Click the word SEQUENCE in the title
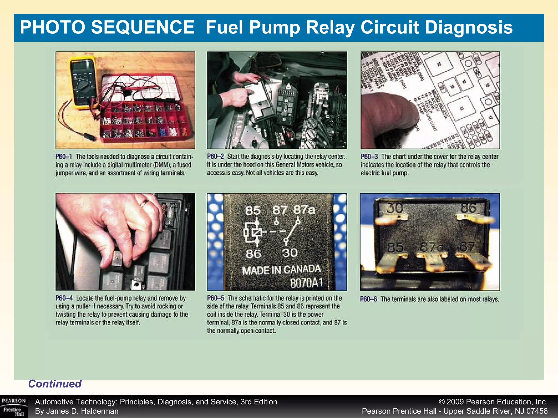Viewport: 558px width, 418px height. tap(142, 27)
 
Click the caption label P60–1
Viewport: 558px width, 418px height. tap(64, 157)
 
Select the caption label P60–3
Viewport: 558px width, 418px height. tap(369, 157)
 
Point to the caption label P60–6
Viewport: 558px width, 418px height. tap(368, 299)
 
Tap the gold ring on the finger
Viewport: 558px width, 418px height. tap(144, 203)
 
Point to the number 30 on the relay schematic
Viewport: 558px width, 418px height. tap(290, 253)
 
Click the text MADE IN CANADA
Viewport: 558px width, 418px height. tap(281, 270)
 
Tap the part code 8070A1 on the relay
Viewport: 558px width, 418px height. tap(306, 283)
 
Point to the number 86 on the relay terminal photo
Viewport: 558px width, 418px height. tap(469, 208)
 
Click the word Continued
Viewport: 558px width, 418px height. tap(55, 384)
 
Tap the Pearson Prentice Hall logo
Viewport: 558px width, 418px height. tap(14, 407)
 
